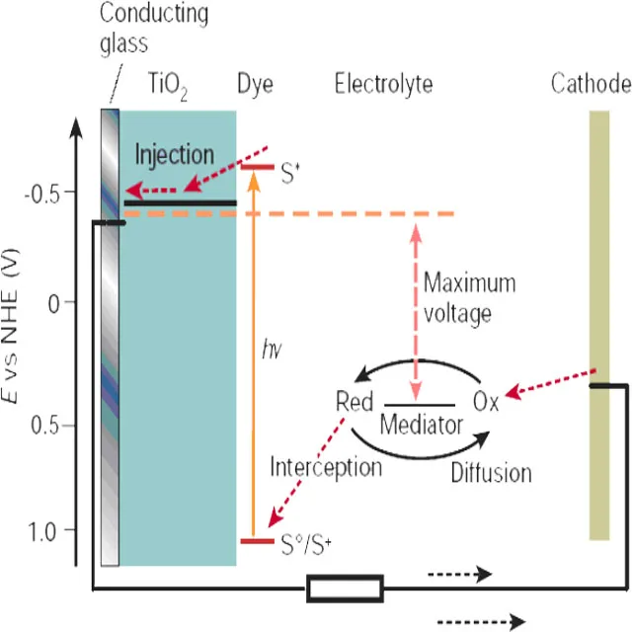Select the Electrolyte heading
click(x=383, y=84)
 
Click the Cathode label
click(x=590, y=84)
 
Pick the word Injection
click(x=174, y=155)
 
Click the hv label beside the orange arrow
click(x=271, y=347)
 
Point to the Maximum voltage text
click(x=469, y=295)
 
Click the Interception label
click(x=326, y=466)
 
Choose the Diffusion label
click(x=491, y=472)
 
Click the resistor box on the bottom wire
click(x=345, y=590)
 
